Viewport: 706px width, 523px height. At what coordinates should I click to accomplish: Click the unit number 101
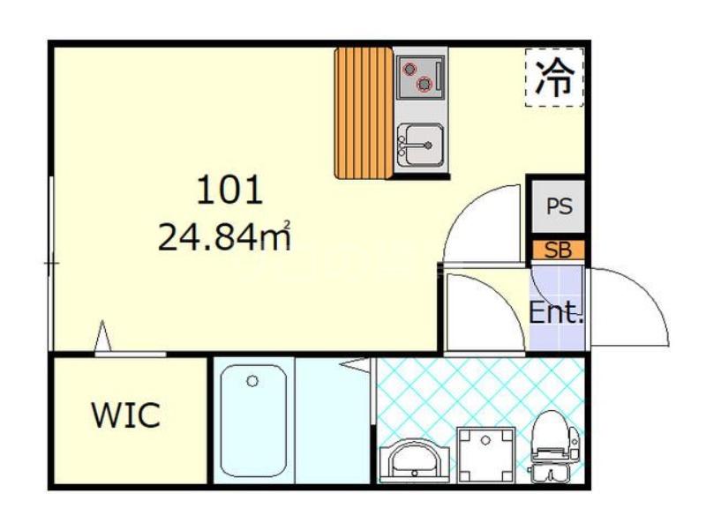tap(229, 190)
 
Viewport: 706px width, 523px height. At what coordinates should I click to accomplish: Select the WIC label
tap(126, 415)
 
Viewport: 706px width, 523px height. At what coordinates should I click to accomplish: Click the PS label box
tap(559, 206)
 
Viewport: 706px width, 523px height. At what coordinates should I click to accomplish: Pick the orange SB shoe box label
tap(559, 250)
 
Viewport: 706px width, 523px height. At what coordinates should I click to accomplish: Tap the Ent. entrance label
tap(556, 312)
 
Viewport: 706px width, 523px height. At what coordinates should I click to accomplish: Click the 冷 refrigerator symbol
tap(555, 78)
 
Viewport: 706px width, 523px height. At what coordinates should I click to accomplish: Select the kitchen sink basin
tap(421, 145)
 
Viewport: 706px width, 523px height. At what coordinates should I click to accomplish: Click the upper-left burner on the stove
tap(409, 69)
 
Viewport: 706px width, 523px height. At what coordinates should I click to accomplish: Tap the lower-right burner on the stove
tap(424, 84)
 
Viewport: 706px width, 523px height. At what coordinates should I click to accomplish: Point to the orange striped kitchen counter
tap(364, 113)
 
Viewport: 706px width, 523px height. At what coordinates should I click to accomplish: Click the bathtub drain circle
tap(252, 381)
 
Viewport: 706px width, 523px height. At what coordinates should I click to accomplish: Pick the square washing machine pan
tap(486, 455)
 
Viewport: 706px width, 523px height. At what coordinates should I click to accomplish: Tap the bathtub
tap(253, 421)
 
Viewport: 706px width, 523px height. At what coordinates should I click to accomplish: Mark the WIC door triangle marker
tap(103, 336)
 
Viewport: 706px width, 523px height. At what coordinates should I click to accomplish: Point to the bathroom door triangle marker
tap(355, 365)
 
